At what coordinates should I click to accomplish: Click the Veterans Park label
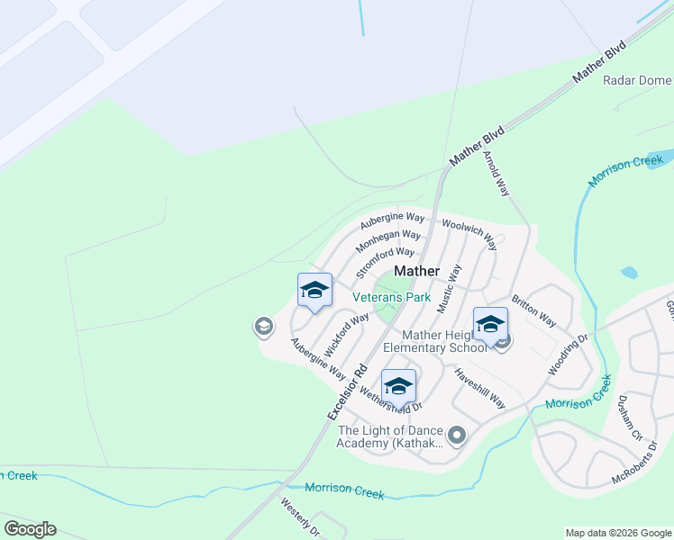click(391, 296)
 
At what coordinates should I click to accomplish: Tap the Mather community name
click(417, 270)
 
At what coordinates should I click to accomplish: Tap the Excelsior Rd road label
click(348, 391)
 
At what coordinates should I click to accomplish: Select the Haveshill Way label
click(479, 388)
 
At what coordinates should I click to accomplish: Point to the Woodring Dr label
click(568, 355)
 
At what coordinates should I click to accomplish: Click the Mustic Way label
click(449, 288)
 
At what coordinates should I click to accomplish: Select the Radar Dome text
click(637, 80)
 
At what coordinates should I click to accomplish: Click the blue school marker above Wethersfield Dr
click(398, 386)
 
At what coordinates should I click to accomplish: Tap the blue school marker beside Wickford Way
click(314, 291)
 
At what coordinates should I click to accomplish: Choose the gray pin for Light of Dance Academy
click(457, 436)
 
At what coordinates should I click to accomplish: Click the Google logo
click(30, 529)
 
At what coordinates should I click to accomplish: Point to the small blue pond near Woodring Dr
click(629, 272)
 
